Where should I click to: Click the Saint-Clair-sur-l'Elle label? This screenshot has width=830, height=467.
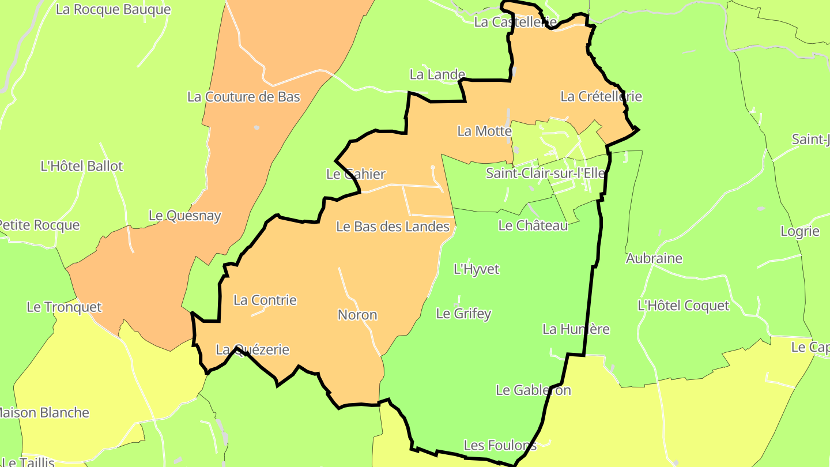[545, 173]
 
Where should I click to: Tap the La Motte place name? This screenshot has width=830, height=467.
[484, 131]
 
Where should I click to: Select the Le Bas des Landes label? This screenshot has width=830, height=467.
[393, 227]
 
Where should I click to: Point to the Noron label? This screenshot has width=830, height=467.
[357, 315]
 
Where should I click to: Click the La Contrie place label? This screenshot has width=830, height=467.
[265, 300]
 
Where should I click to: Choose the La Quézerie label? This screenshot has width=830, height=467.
[252, 349]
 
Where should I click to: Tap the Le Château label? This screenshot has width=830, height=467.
[533, 225]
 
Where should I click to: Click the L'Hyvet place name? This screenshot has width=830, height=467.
[477, 269]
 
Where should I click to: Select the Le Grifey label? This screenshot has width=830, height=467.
[463, 314]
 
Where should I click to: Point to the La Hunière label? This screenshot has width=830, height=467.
[576, 329]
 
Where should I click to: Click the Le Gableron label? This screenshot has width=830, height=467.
[533, 390]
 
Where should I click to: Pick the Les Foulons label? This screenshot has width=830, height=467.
[500, 445]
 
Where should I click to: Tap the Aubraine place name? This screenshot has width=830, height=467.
[654, 258]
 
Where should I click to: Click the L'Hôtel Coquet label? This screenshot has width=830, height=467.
[684, 306]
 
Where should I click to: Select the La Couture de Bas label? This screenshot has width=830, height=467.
[244, 97]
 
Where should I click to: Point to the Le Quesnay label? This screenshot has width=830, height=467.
[185, 216]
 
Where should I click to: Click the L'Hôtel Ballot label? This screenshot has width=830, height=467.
[82, 166]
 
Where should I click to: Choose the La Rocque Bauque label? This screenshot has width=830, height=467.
[114, 10]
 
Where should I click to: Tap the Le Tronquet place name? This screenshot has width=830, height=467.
[64, 307]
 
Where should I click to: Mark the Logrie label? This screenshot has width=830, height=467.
[799, 232]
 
